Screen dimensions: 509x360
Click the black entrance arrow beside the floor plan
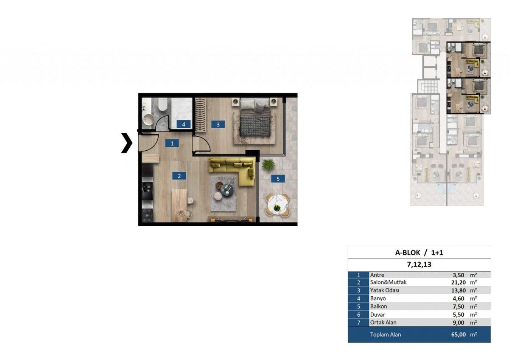(127, 143)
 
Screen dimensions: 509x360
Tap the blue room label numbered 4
(184, 124)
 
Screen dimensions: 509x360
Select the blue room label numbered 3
(218, 124)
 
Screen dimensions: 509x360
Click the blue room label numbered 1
(172, 143)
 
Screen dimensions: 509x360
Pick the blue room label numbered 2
(179, 176)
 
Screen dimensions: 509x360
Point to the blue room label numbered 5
(278, 179)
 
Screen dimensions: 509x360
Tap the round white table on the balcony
(277, 205)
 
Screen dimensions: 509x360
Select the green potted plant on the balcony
(268, 164)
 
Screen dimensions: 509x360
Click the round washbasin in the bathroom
(148, 120)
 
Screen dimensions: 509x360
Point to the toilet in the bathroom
(162, 104)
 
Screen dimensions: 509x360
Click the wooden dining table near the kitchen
(179, 205)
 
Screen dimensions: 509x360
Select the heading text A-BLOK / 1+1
(419, 253)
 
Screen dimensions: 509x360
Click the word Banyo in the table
(378, 298)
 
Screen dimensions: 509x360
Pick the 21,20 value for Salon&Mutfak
(459, 282)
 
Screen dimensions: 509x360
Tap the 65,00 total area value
(459, 335)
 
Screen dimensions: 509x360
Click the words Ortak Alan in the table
(383, 323)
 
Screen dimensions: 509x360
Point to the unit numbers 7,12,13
(419, 264)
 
